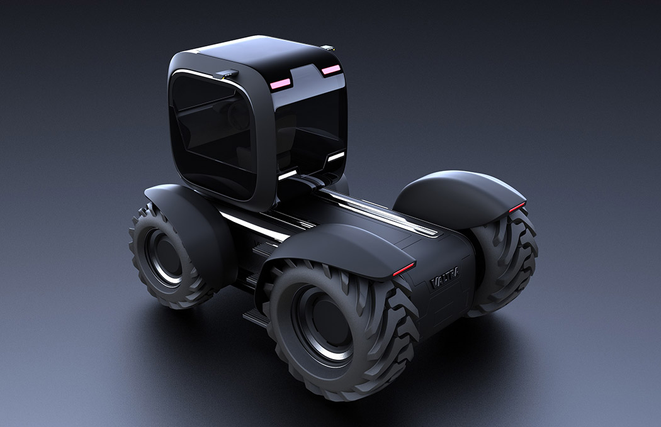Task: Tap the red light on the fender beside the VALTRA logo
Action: tap(403, 269)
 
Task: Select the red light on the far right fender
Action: tap(516, 207)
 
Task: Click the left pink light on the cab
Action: tap(281, 82)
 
